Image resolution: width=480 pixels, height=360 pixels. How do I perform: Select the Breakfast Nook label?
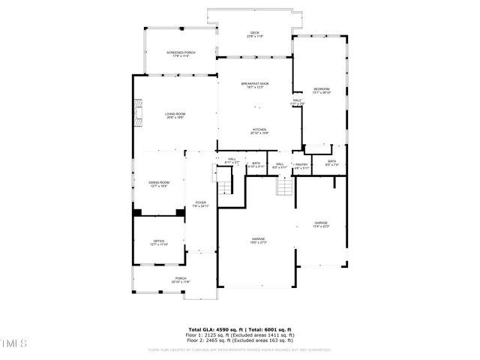coord(255,85)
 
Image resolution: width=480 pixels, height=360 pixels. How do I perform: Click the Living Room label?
coord(175,115)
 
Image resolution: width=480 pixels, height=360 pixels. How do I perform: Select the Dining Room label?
coord(158,184)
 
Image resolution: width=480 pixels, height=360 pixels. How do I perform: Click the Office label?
coord(158,242)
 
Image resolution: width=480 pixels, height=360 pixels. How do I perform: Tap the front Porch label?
coord(181,280)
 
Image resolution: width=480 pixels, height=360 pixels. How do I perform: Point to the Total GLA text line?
coord(240,328)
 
